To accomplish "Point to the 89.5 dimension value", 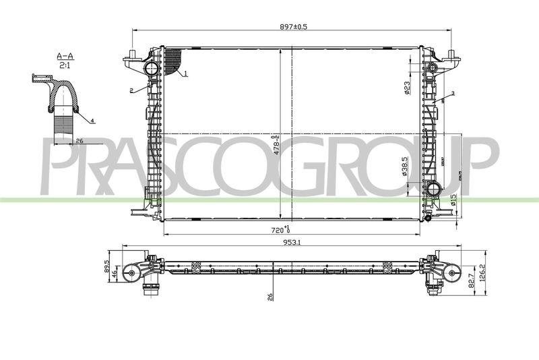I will click(x=107, y=265).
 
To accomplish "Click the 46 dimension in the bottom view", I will click(x=115, y=272).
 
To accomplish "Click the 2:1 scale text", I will click(x=65, y=65).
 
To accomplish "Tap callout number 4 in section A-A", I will click(x=92, y=120).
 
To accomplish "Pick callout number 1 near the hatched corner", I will click(x=185, y=72).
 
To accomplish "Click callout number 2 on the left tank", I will click(x=132, y=90).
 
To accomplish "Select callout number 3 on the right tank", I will click(x=453, y=93).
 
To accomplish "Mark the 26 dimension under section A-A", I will click(x=79, y=141).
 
